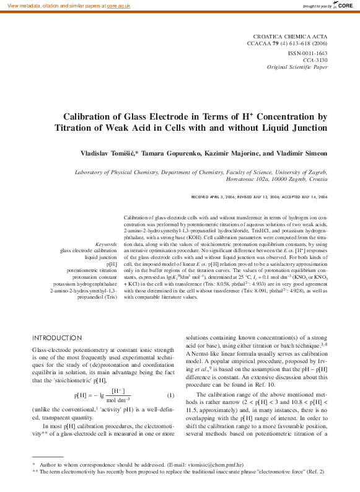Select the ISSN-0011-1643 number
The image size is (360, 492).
[x=308, y=53]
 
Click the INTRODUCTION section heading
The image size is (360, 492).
[x=56, y=338]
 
